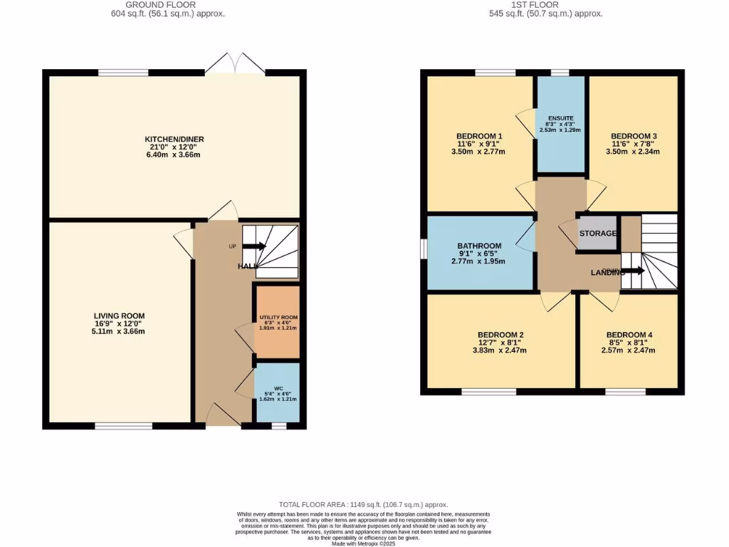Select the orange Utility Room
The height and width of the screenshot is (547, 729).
point(277,322)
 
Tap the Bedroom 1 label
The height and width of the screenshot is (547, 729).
point(479,137)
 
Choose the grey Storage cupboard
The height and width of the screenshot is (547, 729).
point(597,234)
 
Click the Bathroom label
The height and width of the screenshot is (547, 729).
point(480,246)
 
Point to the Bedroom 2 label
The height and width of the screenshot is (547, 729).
point(500,335)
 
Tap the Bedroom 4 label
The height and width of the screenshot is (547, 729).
point(629,335)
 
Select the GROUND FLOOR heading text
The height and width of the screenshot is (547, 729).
point(174,5)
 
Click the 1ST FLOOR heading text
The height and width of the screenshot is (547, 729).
point(547,5)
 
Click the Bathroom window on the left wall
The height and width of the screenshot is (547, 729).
point(423,250)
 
